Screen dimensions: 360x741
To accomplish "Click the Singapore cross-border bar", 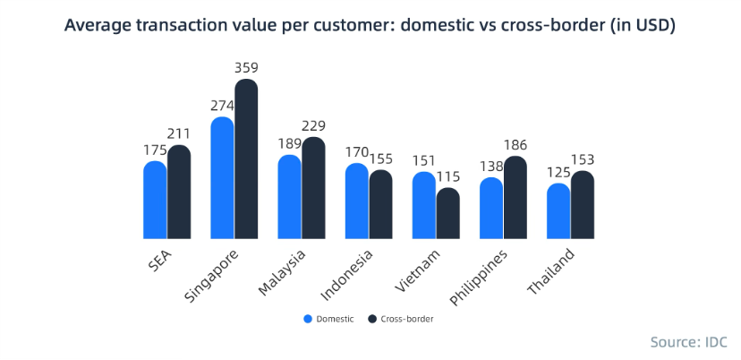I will click(x=246, y=161).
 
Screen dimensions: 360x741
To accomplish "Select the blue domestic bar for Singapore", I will click(x=222, y=179).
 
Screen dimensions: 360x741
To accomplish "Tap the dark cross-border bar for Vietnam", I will click(x=448, y=215).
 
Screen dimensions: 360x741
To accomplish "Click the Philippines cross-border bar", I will click(x=515, y=199).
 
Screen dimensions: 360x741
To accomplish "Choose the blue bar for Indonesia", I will click(x=356, y=202).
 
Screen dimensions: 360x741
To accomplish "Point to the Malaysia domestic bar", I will click(x=289, y=198).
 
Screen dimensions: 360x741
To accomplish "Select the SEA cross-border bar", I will click(x=179, y=193).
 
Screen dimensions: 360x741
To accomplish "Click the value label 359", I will click(x=247, y=66).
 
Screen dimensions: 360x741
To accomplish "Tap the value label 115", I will click(x=448, y=177).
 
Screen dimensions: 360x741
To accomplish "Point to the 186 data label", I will click(x=515, y=144).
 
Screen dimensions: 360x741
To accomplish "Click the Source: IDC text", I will click(x=688, y=342).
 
